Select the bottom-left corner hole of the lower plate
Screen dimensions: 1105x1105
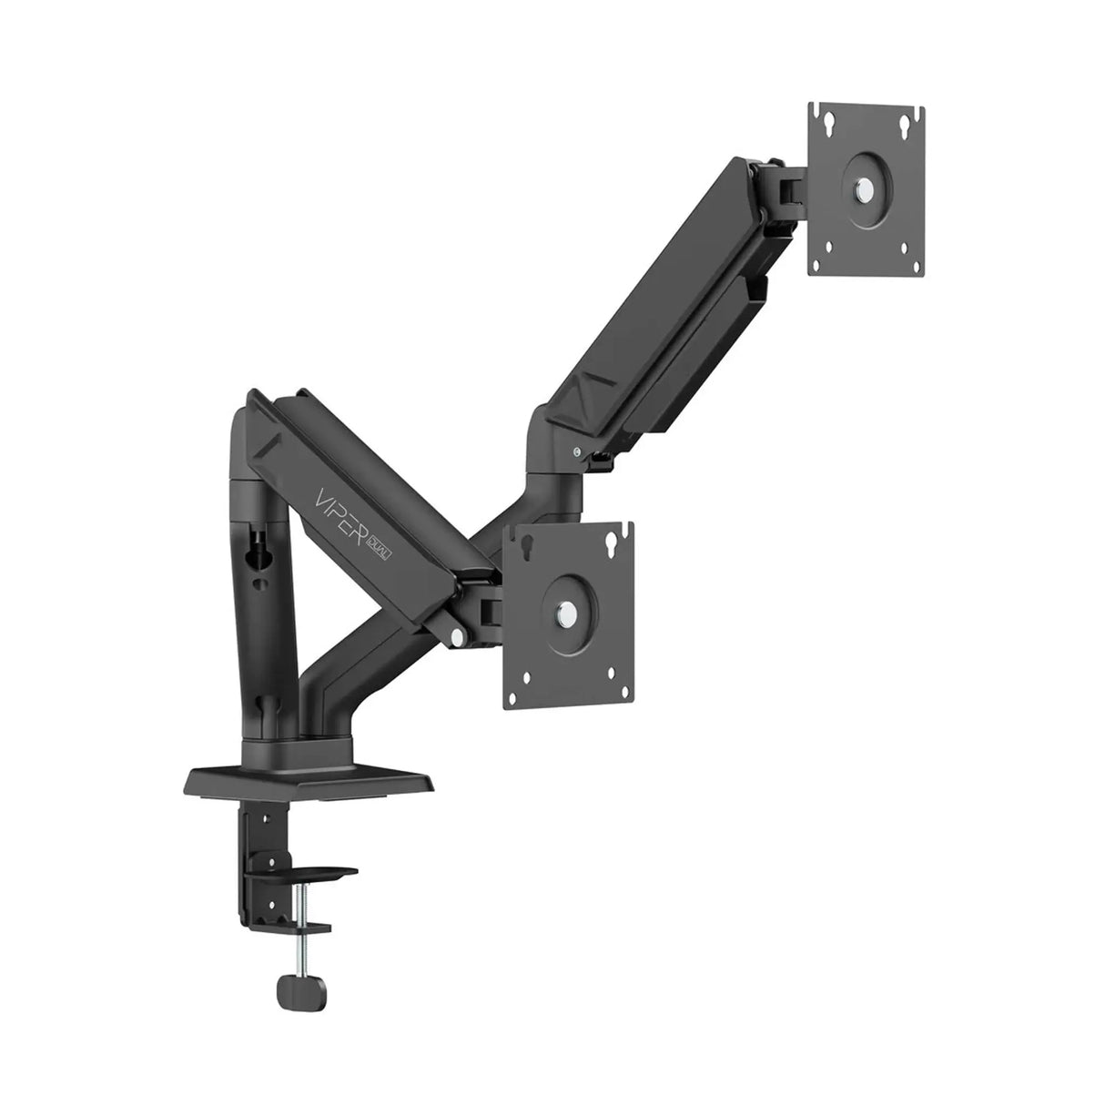(x=526, y=700)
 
